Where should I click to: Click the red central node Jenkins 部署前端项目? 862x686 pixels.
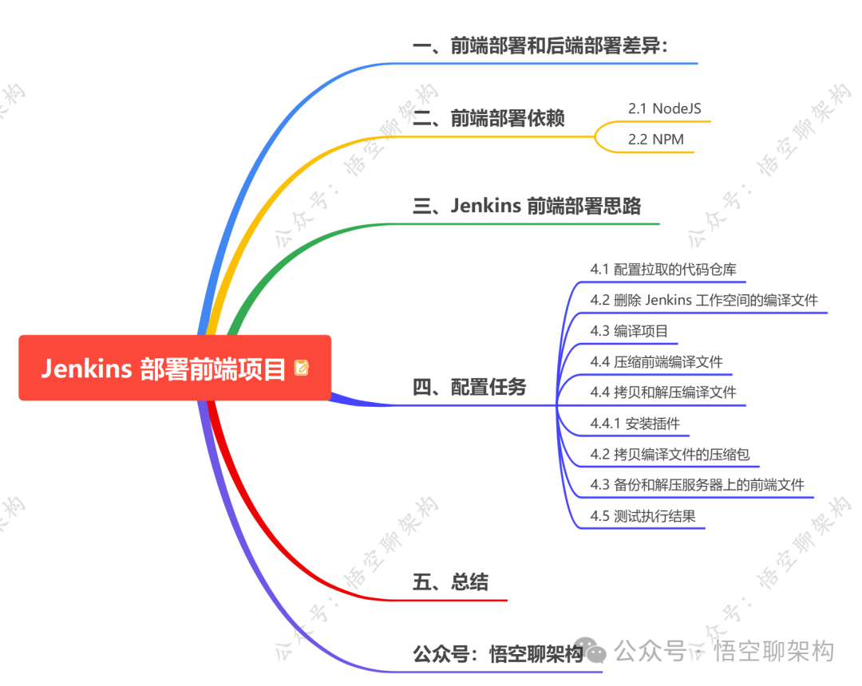[x=164, y=369]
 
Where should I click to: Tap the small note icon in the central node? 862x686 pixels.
[x=302, y=368]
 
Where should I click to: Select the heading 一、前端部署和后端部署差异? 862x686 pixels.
[x=540, y=46]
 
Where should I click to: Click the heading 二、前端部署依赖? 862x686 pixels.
[x=488, y=118]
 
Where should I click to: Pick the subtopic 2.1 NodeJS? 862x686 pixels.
[x=664, y=108]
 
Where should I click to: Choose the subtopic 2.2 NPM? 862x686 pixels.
[x=655, y=139]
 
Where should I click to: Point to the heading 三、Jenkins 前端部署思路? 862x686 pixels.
[x=526, y=206]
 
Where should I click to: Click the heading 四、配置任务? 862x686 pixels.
[x=469, y=388]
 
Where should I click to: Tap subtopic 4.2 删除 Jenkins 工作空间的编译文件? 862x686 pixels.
[x=704, y=300]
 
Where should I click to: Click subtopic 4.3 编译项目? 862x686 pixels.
[x=629, y=331]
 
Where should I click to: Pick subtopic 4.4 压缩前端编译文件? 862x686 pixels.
[x=656, y=361]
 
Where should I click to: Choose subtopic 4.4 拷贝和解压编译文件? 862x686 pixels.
[x=663, y=392]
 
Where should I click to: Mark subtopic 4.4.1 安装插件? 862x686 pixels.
[x=635, y=423]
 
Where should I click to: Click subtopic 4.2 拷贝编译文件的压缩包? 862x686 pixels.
[x=670, y=454]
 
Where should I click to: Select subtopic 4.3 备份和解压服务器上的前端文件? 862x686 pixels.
[x=697, y=484]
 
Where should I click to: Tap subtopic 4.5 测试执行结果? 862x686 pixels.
[x=643, y=515]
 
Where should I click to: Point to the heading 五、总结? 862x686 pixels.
[x=449, y=582]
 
